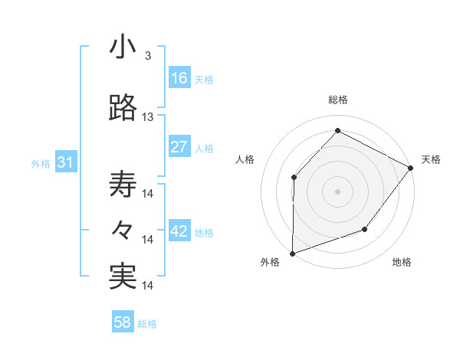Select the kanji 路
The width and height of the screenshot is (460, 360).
pyautogui.click(x=123, y=109)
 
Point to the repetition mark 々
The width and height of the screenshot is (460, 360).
pyautogui.click(x=123, y=230)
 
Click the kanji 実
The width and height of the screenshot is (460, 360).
pyautogui.click(x=123, y=276)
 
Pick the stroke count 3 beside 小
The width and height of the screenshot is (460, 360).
pyautogui.click(x=147, y=57)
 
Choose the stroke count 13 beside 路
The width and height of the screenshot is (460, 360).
pyautogui.click(x=148, y=117)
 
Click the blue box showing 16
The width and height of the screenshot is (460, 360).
pyautogui.click(x=179, y=77)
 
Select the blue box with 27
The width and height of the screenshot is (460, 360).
pyautogui.click(x=179, y=147)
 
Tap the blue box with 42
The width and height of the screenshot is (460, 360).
pyautogui.click(x=179, y=231)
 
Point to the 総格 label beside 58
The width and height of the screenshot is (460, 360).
pyautogui.click(x=148, y=324)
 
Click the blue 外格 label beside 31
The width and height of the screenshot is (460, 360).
pyautogui.click(x=41, y=163)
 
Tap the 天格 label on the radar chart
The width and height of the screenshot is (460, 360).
pyautogui.click(x=431, y=159)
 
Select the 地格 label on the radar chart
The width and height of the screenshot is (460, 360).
pyautogui.click(x=402, y=263)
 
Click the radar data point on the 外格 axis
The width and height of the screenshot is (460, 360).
pyautogui.click(x=292, y=253)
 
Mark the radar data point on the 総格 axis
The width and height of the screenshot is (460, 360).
pyautogui.click(x=337, y=130)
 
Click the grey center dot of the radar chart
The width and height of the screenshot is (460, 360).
pyautogui.click(x=337, y=191)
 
